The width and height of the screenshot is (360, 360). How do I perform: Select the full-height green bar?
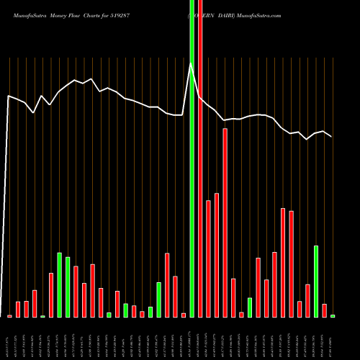tap(192, 158)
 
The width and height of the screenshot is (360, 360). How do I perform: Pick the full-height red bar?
tap(200, 158)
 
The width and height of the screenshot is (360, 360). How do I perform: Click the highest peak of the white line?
tap(192, 64)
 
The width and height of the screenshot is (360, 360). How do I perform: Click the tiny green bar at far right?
tap(333, 316)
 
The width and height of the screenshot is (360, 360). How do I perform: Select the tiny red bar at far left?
tap(10, 316)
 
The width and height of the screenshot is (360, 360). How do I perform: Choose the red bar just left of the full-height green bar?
tap(184, 315)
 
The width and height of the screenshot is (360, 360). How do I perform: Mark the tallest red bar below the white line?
tap(225, 223)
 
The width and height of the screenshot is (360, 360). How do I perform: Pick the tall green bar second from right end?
tap(316, 282)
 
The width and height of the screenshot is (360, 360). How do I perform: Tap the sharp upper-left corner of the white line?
tap(9, 96)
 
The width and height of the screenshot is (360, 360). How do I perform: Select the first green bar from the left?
tap(43, 316)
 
